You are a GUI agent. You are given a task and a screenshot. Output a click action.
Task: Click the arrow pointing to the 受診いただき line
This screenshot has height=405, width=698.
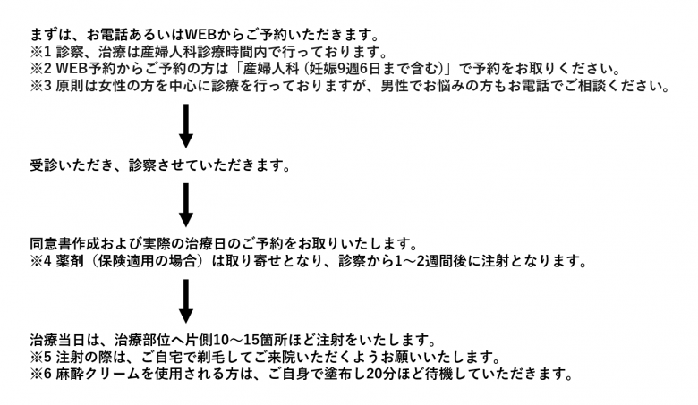point(185,126)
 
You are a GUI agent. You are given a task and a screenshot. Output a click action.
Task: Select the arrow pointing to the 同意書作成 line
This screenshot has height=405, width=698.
point(185,205)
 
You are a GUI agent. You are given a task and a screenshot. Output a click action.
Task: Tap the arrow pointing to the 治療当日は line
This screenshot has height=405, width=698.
point(185,301)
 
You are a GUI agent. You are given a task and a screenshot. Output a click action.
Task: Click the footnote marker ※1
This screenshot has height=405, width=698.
point(41,52)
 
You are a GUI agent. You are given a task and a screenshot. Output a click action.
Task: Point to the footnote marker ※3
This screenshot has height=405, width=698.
point(41,85)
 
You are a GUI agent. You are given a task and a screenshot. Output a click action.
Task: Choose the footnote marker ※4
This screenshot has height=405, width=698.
point(41,260)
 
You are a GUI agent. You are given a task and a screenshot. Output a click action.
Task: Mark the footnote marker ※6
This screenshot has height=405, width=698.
point(41,374)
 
